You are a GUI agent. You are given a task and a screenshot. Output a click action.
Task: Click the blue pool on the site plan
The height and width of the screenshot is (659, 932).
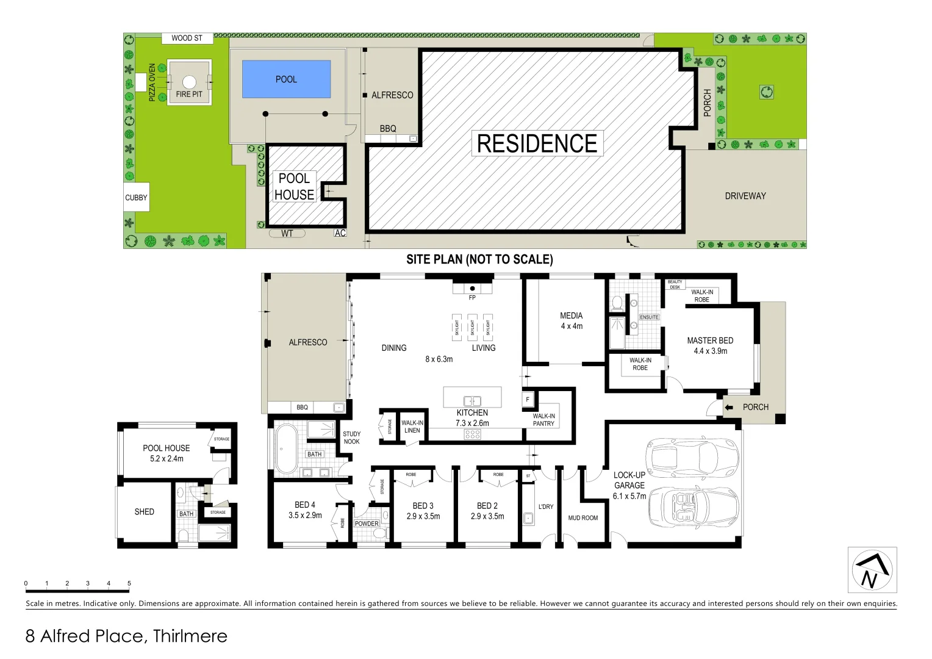pos(286,79)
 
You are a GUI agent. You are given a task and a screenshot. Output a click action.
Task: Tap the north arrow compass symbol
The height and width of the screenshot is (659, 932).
pos(872,571)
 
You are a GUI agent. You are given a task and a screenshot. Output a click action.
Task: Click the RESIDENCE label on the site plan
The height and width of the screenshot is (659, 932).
pos(537,144)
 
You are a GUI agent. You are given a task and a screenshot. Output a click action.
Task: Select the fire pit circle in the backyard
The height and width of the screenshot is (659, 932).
pos(189,82)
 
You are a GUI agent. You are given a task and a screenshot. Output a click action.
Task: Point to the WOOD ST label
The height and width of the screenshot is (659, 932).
pos(187,38)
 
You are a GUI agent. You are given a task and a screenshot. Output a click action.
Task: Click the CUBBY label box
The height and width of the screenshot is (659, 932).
pos(136,198)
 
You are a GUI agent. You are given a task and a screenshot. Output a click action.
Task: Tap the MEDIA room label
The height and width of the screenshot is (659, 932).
pos(571,315)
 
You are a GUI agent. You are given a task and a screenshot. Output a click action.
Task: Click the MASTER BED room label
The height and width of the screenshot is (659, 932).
pos(710,340)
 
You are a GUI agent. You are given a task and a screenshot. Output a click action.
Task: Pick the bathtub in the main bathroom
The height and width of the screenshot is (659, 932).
pos(285,449)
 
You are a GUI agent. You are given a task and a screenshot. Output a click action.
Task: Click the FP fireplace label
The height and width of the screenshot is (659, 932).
pos(472,298)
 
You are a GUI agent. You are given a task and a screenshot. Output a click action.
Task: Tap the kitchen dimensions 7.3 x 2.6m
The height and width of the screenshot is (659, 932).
pos(472,423)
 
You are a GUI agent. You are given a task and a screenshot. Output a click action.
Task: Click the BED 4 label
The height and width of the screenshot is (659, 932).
pos(305,505)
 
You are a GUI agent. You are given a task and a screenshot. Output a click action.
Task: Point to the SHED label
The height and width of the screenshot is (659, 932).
pos(144,512)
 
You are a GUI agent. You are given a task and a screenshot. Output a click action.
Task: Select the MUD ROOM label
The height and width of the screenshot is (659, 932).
pos(582,518)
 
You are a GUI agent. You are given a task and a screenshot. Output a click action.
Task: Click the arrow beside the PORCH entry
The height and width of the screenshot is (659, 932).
pos(728,408)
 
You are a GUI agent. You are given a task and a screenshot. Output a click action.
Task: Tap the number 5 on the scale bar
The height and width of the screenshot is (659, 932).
pos(129,583)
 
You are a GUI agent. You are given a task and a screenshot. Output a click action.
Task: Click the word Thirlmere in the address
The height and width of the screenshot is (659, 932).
pos(190,636)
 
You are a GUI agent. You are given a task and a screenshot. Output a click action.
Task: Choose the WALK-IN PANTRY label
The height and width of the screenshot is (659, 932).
pos(543,420)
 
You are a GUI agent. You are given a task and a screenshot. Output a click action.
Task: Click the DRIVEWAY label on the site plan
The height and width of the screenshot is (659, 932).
pos(745,196)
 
